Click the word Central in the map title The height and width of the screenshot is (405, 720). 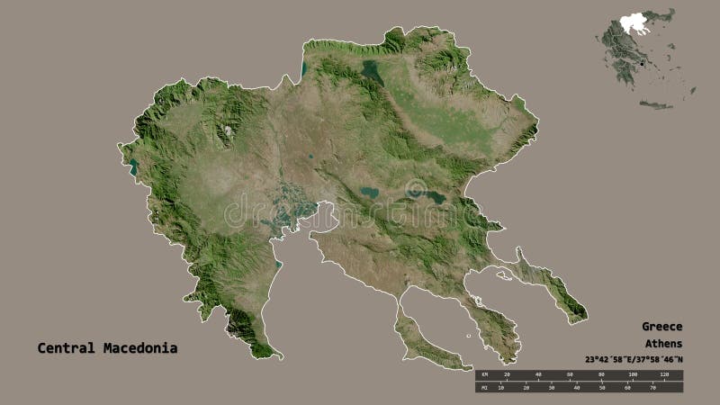66,347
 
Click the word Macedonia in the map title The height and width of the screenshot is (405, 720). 139,347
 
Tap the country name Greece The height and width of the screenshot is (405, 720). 662,327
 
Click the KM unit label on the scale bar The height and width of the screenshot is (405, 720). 484,373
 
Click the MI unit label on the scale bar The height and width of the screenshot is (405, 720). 484,388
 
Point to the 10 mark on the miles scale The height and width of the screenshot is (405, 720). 505,388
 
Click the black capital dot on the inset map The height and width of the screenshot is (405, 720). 640,63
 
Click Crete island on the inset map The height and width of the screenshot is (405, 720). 656,105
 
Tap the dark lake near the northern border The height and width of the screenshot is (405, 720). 372,73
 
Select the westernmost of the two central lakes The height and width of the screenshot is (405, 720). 369,192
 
